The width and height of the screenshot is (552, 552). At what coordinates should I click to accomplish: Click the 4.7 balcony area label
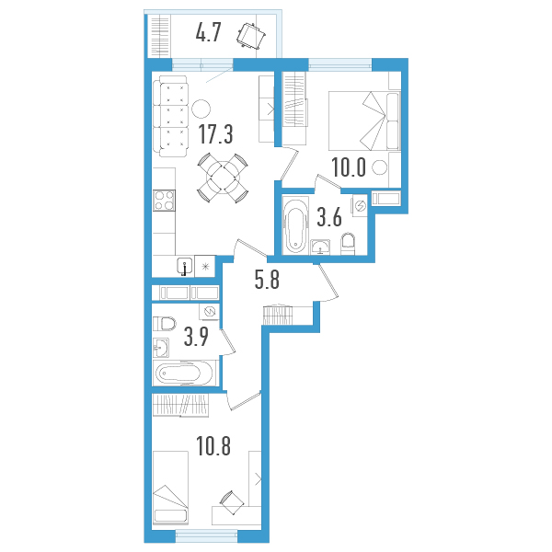(208, 34)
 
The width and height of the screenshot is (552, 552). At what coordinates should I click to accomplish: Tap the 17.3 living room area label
(216, 134)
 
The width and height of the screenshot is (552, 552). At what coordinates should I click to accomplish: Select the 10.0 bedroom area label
(349, 167)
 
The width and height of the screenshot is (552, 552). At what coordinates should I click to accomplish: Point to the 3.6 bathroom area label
(329, 217)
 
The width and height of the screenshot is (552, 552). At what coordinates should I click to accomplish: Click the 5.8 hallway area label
(267, 280)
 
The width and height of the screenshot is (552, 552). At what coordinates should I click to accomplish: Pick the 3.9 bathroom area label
(196, 337)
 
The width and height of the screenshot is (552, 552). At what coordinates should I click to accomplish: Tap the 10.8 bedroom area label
(213, 446)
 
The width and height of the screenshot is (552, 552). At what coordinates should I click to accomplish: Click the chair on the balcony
(251, 35)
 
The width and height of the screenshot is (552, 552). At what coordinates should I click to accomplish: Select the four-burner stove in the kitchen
(164, 201)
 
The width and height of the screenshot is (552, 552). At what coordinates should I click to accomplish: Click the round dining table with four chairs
(223, 178)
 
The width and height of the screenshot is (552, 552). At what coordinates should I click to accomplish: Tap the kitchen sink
(185, 266)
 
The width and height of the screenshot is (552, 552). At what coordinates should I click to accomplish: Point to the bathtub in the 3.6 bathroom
(295, 226)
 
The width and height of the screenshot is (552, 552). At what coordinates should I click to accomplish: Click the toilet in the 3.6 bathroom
(348, 244)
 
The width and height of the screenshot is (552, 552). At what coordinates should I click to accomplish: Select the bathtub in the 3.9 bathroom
(183, 373)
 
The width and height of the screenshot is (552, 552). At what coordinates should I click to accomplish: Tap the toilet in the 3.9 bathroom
(165, 324)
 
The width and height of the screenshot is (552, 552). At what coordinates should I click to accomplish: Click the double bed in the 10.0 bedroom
(364, 121)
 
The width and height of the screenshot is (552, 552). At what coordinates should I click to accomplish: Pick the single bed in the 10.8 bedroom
(171, 488)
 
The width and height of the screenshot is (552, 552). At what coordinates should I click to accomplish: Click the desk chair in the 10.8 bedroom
(232, 502)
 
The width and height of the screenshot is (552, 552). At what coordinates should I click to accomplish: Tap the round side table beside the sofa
(201, 109)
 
